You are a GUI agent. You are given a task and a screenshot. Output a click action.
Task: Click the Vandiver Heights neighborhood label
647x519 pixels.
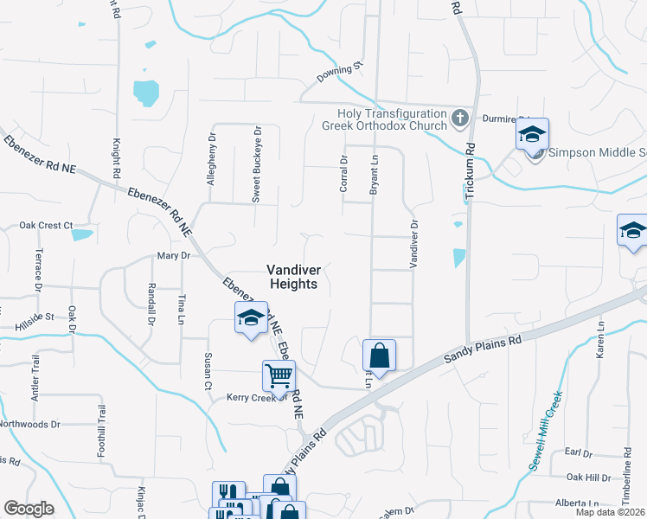tap(291, 276)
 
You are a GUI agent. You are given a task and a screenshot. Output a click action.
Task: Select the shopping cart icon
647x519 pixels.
tap(279, 375)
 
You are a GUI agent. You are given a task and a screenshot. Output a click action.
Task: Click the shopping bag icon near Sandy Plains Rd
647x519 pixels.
tap(379, 354)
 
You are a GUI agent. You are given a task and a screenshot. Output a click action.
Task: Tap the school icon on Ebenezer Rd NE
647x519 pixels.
tap(250, 317)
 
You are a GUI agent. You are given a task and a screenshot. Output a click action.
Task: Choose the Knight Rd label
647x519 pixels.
tap(115, 155)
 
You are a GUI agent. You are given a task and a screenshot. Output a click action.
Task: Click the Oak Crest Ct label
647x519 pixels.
tap(46, 225)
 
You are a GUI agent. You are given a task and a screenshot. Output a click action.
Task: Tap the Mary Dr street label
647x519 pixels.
tap(172, 256)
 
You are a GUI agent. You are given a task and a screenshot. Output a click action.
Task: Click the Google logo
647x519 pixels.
tap(29, 509)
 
